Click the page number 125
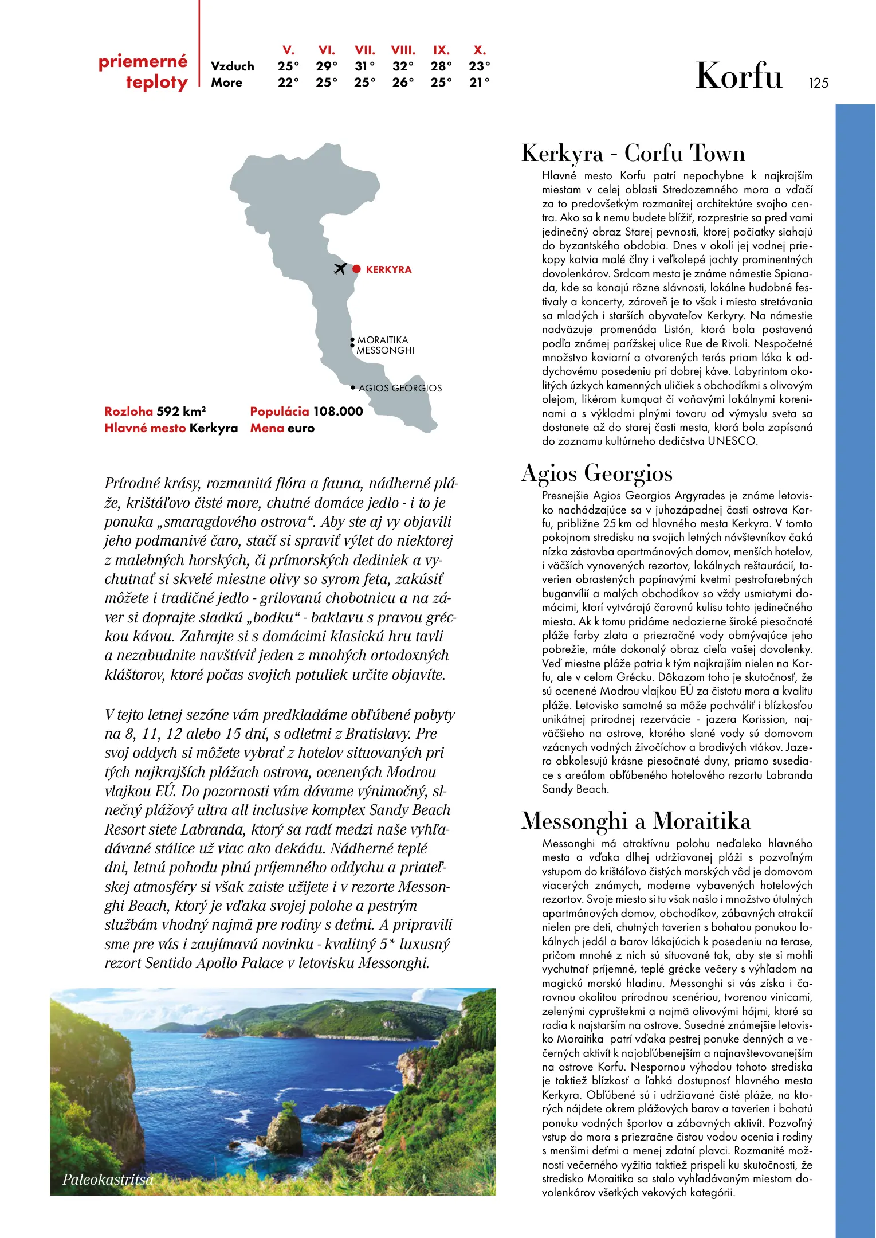coord(818,83)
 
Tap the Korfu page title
coord(738,76)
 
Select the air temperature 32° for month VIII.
coord(403,66)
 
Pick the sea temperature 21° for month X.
coord(479,83)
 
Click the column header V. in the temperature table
coord(288,50)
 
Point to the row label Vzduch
coord(232,66)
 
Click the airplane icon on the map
coord(340,268)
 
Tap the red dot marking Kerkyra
coord(356,269)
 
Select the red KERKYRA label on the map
coord(388,269)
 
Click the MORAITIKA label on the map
coord(383,340)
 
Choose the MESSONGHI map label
coord(385,350)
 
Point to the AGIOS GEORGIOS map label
coord(400,388)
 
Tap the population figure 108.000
coord(337,411)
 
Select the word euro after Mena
coord(301,428)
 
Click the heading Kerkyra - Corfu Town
coord(633,154)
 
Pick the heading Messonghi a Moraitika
coord(635,821)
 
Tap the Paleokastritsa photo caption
coord(108,1179)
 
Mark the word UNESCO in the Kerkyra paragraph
coord(732,441)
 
